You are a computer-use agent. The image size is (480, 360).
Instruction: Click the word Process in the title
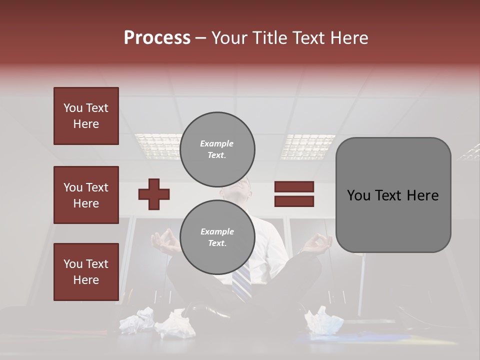click(157, 38)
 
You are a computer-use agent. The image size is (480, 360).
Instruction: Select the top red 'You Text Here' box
click(86, 116)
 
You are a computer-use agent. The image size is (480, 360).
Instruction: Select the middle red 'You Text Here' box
click(86, 195)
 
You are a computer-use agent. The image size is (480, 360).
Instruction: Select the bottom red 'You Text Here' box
click(86, 271)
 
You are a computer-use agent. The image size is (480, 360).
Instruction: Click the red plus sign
click(154, 194)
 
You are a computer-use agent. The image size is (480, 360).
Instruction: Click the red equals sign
click(294, 194)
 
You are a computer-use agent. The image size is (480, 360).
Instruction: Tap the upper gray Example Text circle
click(217, 149)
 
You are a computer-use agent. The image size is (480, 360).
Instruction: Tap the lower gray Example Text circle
click(217, 237)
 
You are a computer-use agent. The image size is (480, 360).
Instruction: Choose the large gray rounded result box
click(393, 195)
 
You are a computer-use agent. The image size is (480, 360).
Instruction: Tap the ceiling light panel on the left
click(157, 145)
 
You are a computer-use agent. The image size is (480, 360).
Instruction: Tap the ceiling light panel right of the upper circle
click(308, 146)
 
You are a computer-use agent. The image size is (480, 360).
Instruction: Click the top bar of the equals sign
click(294, 187)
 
